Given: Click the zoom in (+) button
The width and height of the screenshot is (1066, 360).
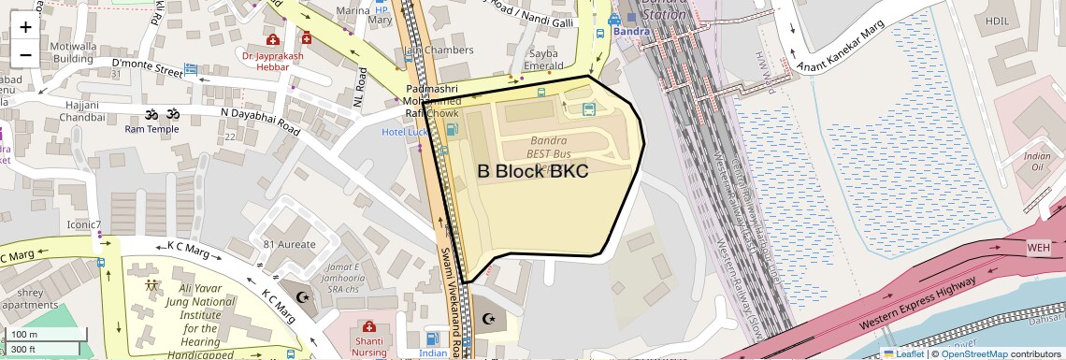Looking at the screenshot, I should pos(25,27).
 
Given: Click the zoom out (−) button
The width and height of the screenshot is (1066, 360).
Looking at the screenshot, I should pos(25,54).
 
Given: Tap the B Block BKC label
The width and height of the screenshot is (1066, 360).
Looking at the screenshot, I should pos(532,171).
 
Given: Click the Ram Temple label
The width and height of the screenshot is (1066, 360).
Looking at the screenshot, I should pos(151,129).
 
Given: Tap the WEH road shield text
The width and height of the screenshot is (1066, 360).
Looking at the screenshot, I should pos(1039,248).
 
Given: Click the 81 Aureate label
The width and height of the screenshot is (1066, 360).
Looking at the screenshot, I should pos(289,244).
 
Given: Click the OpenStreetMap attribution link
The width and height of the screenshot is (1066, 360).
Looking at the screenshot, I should pos(974,353).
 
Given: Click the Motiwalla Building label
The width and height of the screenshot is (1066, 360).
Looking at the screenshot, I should pos(73,51).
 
